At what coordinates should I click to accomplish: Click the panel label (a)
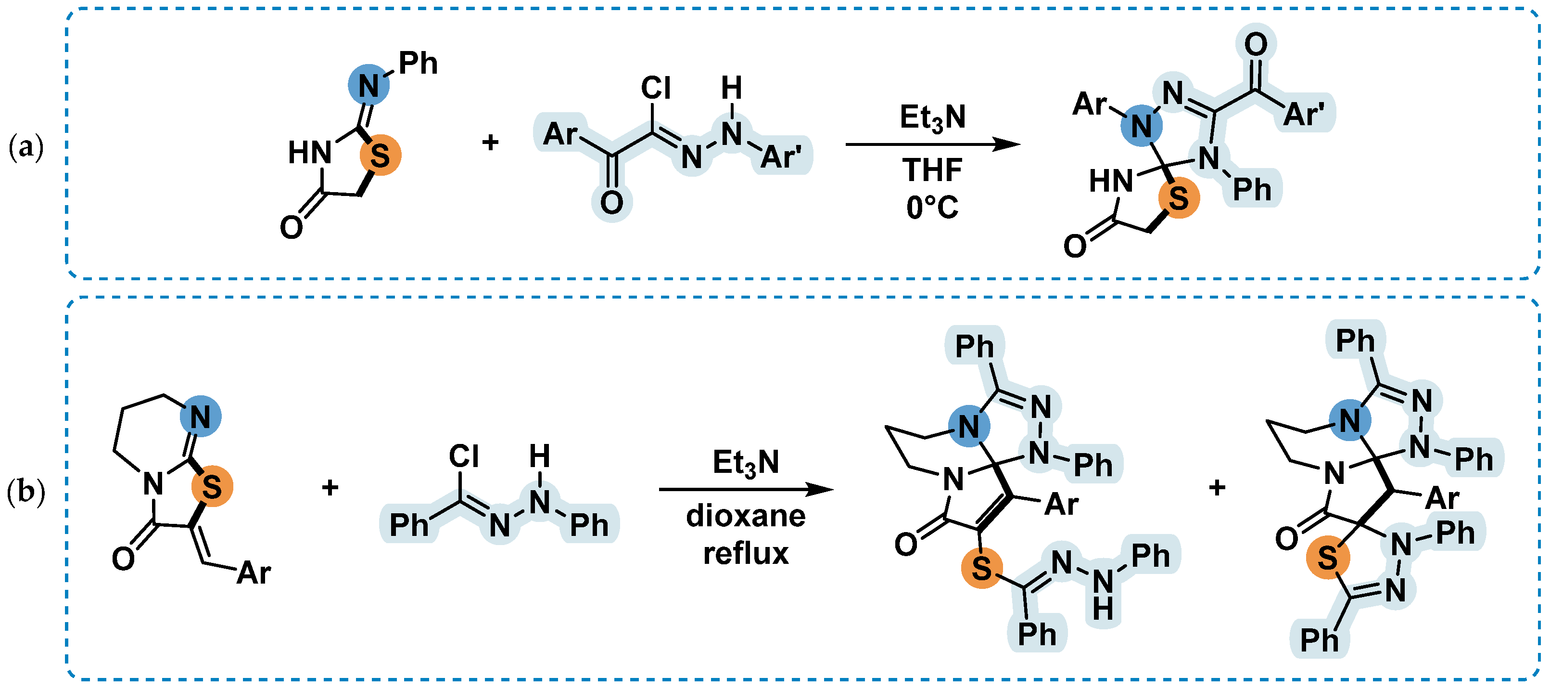[x=26, y=147]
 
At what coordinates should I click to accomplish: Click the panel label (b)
[x=26, y=492]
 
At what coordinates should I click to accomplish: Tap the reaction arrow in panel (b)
[x=746, y=489]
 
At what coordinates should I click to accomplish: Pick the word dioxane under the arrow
[x=746, y=517]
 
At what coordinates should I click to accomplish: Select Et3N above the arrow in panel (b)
[x=746, y=462]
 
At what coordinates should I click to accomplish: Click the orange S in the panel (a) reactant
[x=380, y=156]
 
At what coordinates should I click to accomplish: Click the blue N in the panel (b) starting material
[x=201, y=417]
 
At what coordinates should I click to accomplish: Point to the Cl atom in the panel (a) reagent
[x=655, y=89]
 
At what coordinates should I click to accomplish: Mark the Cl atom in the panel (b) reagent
[x=464, y=456]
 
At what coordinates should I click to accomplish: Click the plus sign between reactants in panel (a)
[x=490, y=142]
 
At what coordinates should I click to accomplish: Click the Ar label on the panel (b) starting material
[x=254, y=573]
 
